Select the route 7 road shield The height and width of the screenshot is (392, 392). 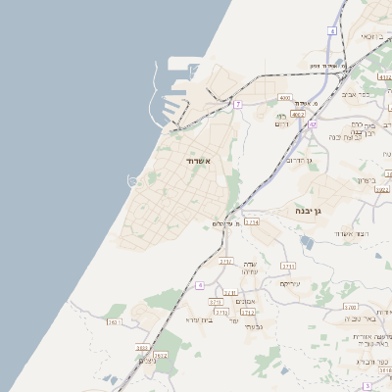point(237,104)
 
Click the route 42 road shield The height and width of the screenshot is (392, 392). point(312,124)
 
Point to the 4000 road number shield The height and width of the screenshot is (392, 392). point(285,98)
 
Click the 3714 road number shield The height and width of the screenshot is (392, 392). point(252,222)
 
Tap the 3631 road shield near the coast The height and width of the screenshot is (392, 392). point(113,320)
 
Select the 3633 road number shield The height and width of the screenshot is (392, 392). point(142,346)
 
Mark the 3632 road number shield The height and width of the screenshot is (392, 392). point(161,355)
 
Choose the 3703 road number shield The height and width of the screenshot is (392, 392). point(350,307)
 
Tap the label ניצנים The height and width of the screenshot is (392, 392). point(147,360)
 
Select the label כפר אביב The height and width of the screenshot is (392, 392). point(356,95)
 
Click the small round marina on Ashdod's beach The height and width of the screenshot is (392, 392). point(133,179)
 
